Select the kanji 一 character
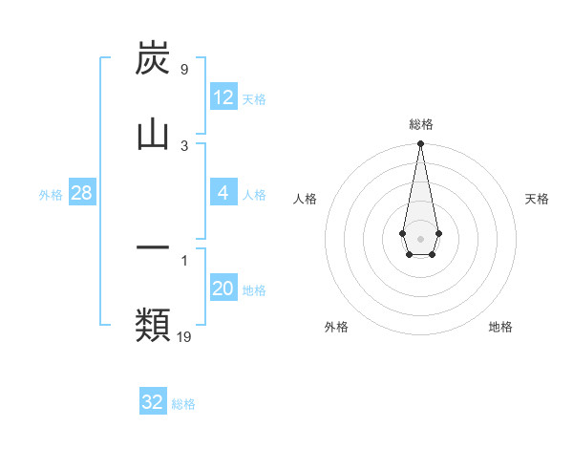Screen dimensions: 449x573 pyautogui.click(x=153, y=247)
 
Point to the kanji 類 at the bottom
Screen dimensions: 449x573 pyautogui.click(x=153, y=324)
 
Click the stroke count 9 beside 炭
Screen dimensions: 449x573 pyautogui.click(x=183, y=70)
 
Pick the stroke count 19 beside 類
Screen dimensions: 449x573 pyautogui.click(x=184, y=336)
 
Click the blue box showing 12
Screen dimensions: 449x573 pyautogui.click(x=223, y=97)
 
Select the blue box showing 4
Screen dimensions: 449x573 pyautogui.click(x=223, y=193)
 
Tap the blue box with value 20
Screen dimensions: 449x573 pyautogui.click(x=223, y=289)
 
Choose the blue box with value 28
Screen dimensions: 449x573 pyautogui.click(x=82, y=193)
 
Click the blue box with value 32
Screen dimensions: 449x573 pyautogui.click(x=153, y=402)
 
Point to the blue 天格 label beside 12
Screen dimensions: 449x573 pyautogui.click(x=254, y=99)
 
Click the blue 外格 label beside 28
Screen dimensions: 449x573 pyautogui.click(x=51, y=195)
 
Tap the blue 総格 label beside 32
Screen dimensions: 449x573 pyautogui.click(x=183, y=404)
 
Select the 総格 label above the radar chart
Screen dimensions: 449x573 pyautogui.click(x=421, y=124)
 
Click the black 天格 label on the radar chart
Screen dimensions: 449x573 pyautogui.click(x=538, y=199)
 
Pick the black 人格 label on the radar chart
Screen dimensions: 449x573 pyautogui.click(x=306, y=199)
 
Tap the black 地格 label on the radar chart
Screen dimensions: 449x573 pyautogui.click(x=500, y=327)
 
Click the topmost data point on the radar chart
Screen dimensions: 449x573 pyautogui.click(x=420, y=144)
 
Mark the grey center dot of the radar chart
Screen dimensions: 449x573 pyautogui.click(x=420, y=238)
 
